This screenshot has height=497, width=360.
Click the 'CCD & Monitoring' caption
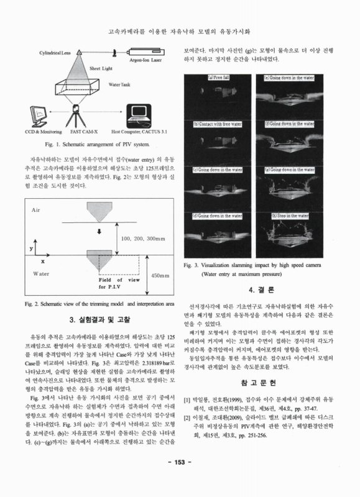39,132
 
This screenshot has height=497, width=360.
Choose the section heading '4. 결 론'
262,290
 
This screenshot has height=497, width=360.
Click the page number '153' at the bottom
180,479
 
